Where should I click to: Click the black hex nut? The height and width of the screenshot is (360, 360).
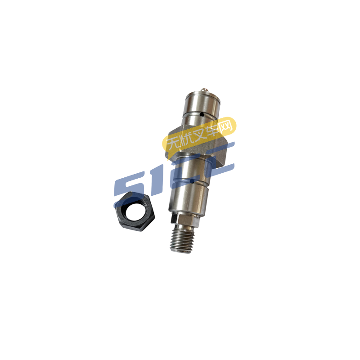[x=135, y=211]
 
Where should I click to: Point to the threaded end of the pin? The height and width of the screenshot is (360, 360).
[x=182, y=239]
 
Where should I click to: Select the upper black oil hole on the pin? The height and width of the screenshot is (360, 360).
[x=202, y=114]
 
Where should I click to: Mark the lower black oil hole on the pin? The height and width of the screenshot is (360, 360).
[x=192, y=182]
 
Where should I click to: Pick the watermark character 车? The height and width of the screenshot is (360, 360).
[x=211, y=130]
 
